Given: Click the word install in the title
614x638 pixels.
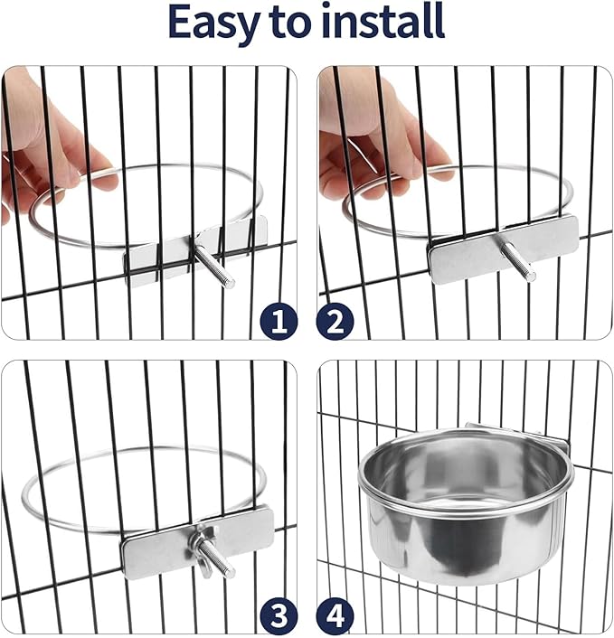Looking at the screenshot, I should coord(377,23).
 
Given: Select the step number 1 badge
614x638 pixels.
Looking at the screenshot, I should coord(278,321).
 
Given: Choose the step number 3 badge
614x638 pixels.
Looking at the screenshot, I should coord(278,616).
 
